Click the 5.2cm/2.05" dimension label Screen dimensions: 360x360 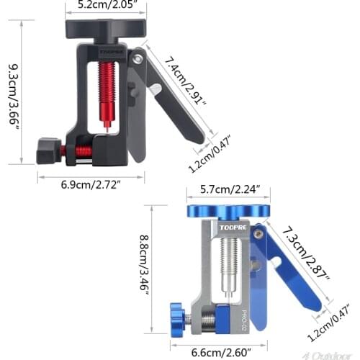[106, 6]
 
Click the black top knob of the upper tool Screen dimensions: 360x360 [106, 29]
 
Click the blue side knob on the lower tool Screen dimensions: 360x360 [176, 315]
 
